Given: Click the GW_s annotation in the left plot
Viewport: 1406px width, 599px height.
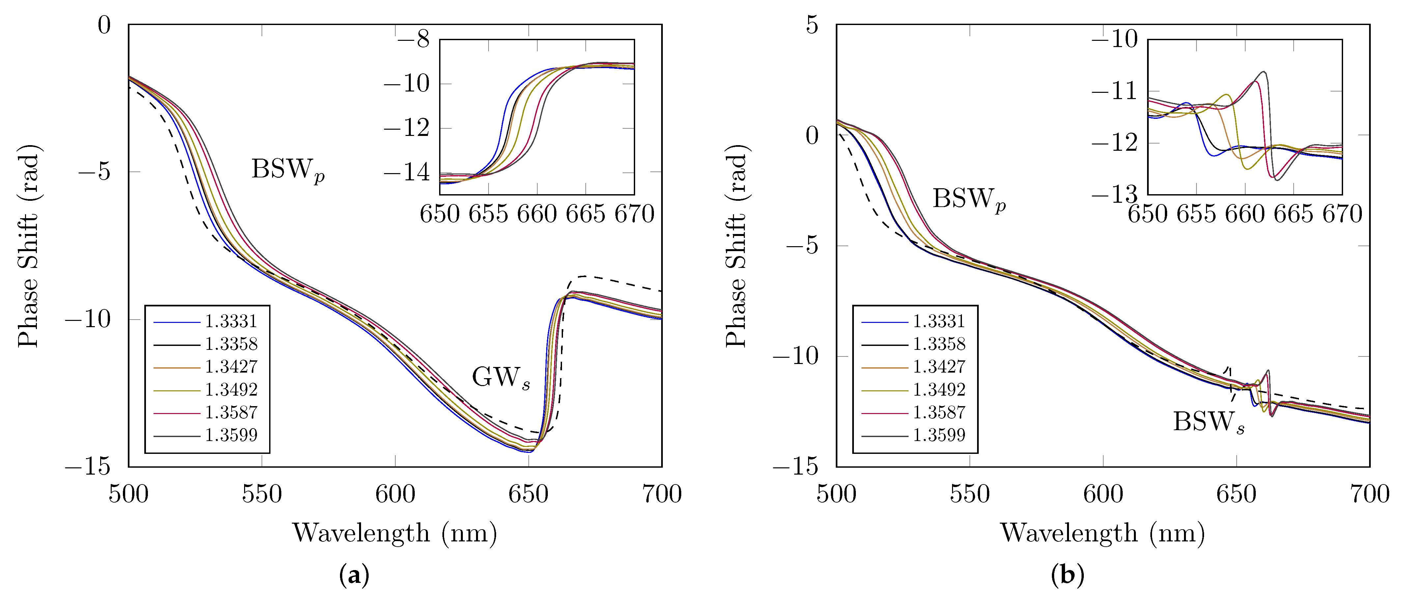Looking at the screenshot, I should [500, 378].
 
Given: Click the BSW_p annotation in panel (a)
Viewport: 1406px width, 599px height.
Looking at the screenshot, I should [288, 170].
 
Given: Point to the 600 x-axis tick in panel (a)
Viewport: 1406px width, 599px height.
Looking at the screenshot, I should [395, 495].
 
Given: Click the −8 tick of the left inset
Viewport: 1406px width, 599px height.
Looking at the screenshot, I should [413, 39].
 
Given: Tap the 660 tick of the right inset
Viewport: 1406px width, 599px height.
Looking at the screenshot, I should [1245, 214].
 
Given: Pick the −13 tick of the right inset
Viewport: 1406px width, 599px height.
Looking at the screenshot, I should [1116, 195].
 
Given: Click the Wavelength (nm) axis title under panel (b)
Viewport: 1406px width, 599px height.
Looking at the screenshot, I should [1103, 533].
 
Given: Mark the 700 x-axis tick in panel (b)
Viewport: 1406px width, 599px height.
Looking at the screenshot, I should [1369, 495].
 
